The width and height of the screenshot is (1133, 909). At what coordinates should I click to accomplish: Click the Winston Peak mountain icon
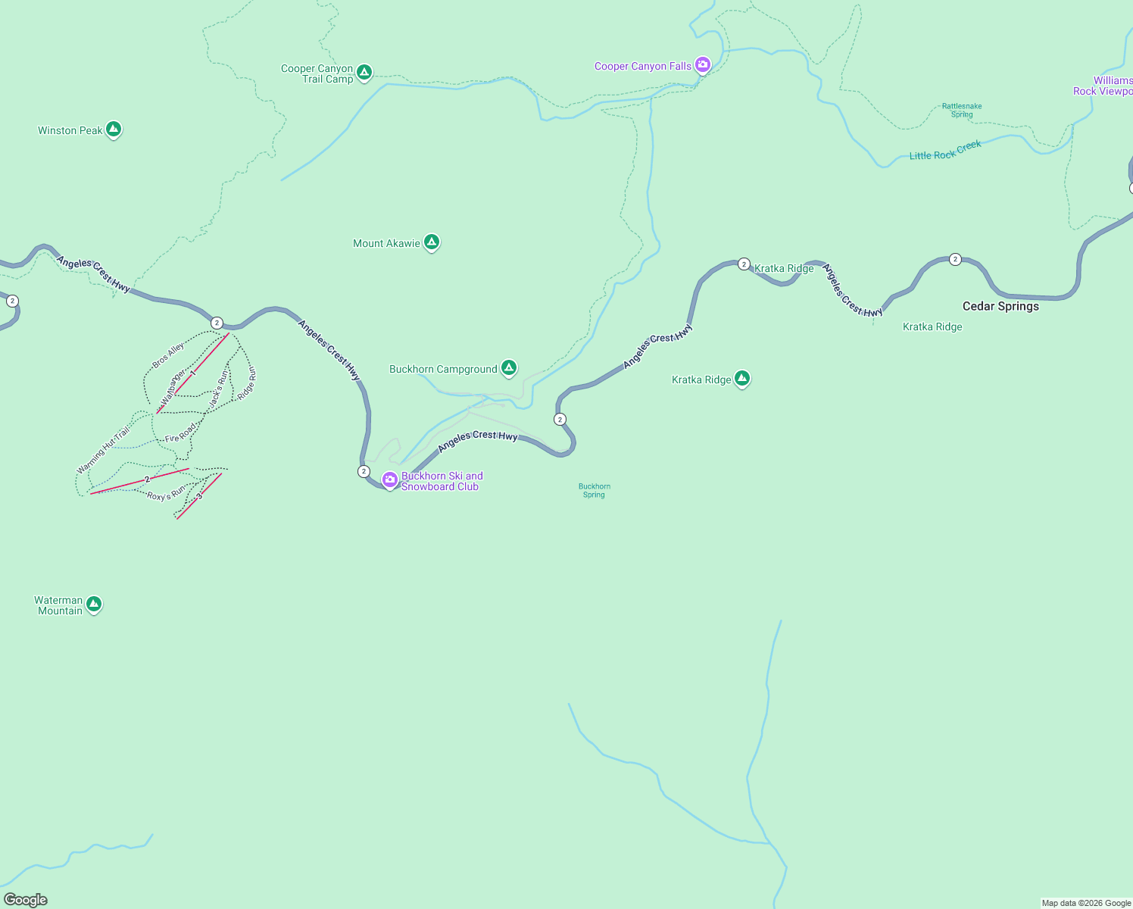point(114,130)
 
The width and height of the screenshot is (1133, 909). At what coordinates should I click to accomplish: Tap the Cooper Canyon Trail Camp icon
point(364,72)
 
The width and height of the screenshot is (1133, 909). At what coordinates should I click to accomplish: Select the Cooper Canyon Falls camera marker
point(703,65)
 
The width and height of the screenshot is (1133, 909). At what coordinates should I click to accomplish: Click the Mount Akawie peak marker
point(432,242)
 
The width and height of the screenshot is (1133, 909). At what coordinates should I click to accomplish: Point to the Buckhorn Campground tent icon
point(509,368)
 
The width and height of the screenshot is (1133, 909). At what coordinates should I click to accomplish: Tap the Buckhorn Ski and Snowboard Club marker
point(390,479)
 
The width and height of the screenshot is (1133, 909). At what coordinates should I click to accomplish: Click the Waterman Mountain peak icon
point(94,604)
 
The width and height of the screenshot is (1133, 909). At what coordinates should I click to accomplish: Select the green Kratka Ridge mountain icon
point(742,378)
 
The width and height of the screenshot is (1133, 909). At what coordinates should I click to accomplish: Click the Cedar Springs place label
point(1000,306)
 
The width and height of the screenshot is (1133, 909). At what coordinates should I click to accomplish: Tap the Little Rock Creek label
point(945,150)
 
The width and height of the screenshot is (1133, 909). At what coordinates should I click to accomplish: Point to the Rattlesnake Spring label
point(962,111)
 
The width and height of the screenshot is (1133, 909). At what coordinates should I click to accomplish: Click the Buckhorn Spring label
point(595,491)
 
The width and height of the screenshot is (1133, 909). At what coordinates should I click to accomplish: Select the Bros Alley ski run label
point(168,355)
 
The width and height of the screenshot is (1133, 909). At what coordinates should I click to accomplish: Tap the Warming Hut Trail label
point(104,451)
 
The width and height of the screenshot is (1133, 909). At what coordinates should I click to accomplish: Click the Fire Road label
point(181,433)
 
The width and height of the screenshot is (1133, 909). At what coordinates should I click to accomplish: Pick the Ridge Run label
point(247,384)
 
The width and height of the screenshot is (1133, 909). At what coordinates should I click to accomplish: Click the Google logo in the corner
point(26,900)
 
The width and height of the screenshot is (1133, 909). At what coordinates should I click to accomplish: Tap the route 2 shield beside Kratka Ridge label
point(744,264)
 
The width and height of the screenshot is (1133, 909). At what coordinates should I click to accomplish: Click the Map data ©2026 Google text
point(1086,903)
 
